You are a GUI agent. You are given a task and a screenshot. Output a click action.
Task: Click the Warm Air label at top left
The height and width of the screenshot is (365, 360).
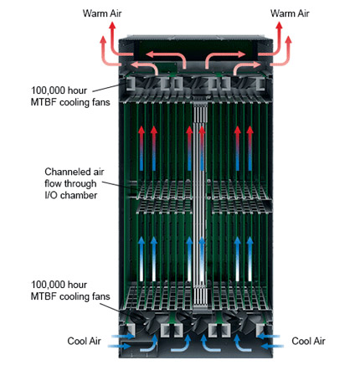pyautogui.click(x=102, y=13)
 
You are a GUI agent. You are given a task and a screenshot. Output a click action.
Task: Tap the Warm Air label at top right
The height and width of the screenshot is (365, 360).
pyautogui.click(x=290, y=13)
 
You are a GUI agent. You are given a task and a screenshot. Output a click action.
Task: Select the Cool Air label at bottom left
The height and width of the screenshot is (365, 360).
pyautogui.click(x=84, y=341)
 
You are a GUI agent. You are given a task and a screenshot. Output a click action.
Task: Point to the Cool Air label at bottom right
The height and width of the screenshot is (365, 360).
pyautogui.click(x=308, y=341)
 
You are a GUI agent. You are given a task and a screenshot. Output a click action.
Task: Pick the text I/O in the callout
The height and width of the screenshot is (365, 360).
pyautogui.click(x=51, y=195)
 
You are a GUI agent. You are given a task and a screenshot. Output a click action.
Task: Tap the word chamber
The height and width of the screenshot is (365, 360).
pyautogui.click(x=79, y=195)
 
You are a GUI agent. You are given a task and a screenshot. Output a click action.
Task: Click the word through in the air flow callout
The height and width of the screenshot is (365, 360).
pyautogui.click(x=80, y=183)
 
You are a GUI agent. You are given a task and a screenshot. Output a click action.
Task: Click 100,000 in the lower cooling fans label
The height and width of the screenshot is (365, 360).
pyautogui.click(x=48, y=285)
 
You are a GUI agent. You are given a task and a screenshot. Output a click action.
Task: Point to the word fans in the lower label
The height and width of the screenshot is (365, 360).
pyautogui.click(x=101, y=296)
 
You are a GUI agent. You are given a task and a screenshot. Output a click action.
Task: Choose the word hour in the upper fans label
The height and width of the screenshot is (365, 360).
pyautogui.click(x=77, y=90)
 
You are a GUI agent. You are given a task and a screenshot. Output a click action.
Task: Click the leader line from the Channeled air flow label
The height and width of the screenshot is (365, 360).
pyautogui.click(x=120, y=187)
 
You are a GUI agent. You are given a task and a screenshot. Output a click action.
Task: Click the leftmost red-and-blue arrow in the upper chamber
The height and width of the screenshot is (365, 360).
pyautogui.click(x=141, y=148)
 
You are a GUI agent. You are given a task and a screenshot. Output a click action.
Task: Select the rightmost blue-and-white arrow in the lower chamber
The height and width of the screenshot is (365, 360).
pyautogui.click(x=249, y=259)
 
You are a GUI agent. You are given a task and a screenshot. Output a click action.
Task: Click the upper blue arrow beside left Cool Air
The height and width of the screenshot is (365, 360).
pyautogui.click(x=123, y=337)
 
